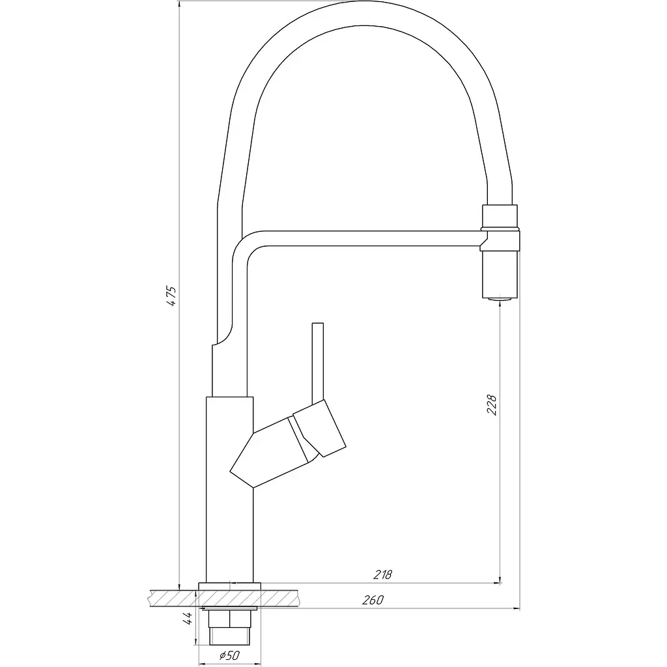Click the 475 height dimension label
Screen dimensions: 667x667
171,296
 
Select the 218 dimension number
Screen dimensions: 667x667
382,575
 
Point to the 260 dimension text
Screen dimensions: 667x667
373,600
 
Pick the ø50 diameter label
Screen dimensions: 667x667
230,655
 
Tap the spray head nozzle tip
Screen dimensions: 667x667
500,300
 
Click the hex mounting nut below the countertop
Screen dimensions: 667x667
230,619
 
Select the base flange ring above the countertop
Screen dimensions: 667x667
230,586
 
